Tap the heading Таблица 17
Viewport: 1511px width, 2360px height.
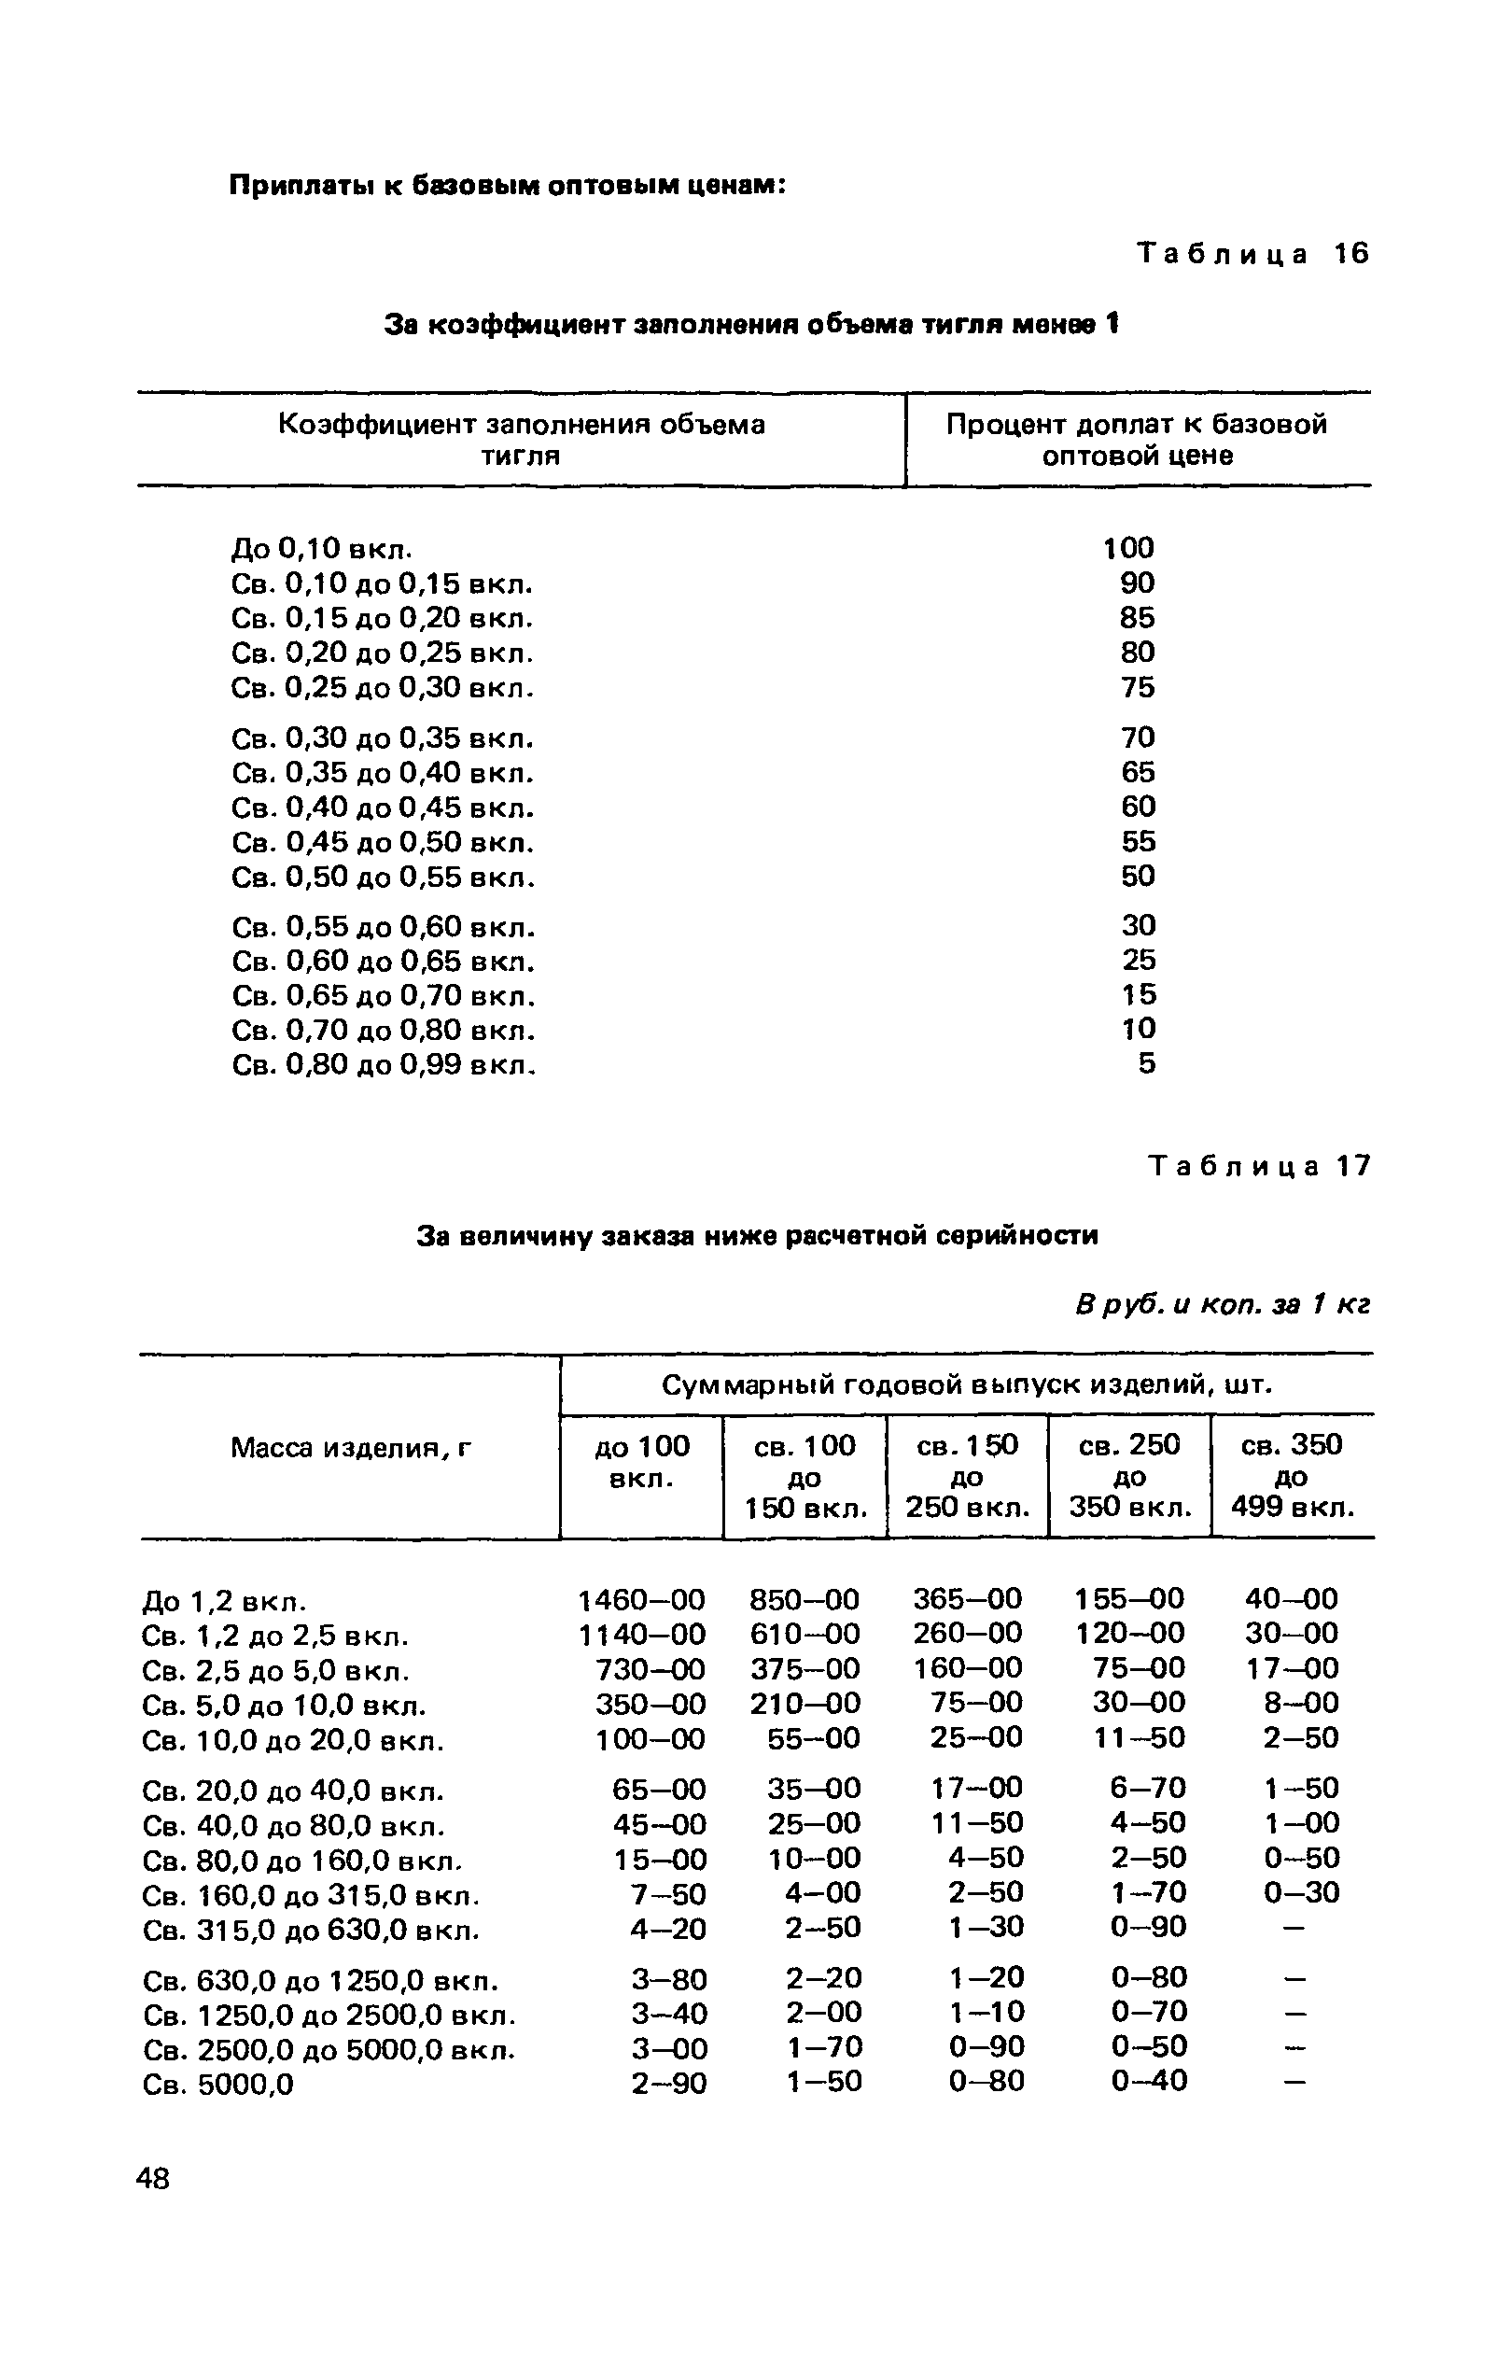[x=1259, y=1166]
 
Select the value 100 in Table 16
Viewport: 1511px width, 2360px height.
[x=1128, y=548]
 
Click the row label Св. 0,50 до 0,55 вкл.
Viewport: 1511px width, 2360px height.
[x=384, y=878]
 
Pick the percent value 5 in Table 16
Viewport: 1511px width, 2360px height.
[x=1146, y=1063]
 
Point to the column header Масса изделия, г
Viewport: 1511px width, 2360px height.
[x=351, y=1447]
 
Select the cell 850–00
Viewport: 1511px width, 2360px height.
[x=804, y=1600]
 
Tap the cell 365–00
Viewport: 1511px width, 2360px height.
[x=967, y=1599]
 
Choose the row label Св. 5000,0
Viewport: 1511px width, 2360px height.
[x=217, y=2085]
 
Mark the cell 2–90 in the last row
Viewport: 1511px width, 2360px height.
[x=668, y=2084]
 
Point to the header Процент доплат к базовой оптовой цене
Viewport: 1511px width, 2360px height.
[x=1136, y=440]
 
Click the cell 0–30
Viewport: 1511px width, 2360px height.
[x=1301, y=1892]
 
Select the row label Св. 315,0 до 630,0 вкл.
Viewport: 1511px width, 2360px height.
[x=311, y=1932]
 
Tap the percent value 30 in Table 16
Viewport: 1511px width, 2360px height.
[x=1139, y=925]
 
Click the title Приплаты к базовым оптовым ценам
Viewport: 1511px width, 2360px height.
[x=508, y=186]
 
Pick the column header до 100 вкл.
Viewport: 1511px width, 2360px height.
[x=642, y=1461]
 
